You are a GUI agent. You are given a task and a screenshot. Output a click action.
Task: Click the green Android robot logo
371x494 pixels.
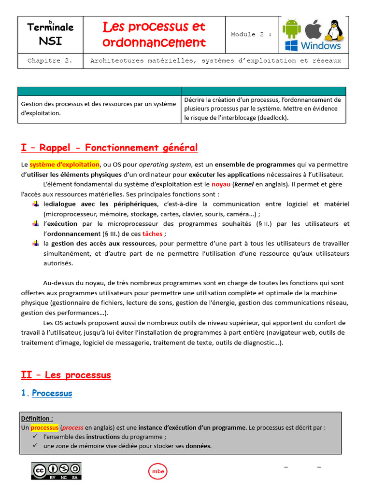coord(291,28)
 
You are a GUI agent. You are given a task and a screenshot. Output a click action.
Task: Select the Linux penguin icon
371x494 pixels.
coord(334,30)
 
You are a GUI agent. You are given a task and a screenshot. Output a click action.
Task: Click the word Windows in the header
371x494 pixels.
coord(320,46)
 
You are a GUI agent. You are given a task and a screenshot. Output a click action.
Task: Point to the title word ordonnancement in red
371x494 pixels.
coord(154,42)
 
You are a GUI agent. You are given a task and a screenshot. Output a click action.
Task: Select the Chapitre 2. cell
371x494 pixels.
coord(50,61)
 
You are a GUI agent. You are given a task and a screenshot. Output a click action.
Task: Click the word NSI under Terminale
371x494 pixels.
coord(50,41)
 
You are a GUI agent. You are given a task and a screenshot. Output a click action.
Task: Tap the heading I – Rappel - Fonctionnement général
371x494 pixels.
coord(109,148)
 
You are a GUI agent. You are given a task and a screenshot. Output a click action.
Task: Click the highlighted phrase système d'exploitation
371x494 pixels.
coord(64,164)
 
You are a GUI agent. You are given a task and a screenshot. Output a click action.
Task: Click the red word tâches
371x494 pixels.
coord(152,233)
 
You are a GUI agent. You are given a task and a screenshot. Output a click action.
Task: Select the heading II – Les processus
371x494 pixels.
coord(66,375)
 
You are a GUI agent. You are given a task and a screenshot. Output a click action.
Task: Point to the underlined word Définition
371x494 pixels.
coord(37,418)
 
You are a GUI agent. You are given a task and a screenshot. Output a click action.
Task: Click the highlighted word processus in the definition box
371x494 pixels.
coord(44,427)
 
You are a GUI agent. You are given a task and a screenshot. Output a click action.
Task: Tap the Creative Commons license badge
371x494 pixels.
coord(57,471)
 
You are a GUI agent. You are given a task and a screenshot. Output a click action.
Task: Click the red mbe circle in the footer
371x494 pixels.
coord(157,471)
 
